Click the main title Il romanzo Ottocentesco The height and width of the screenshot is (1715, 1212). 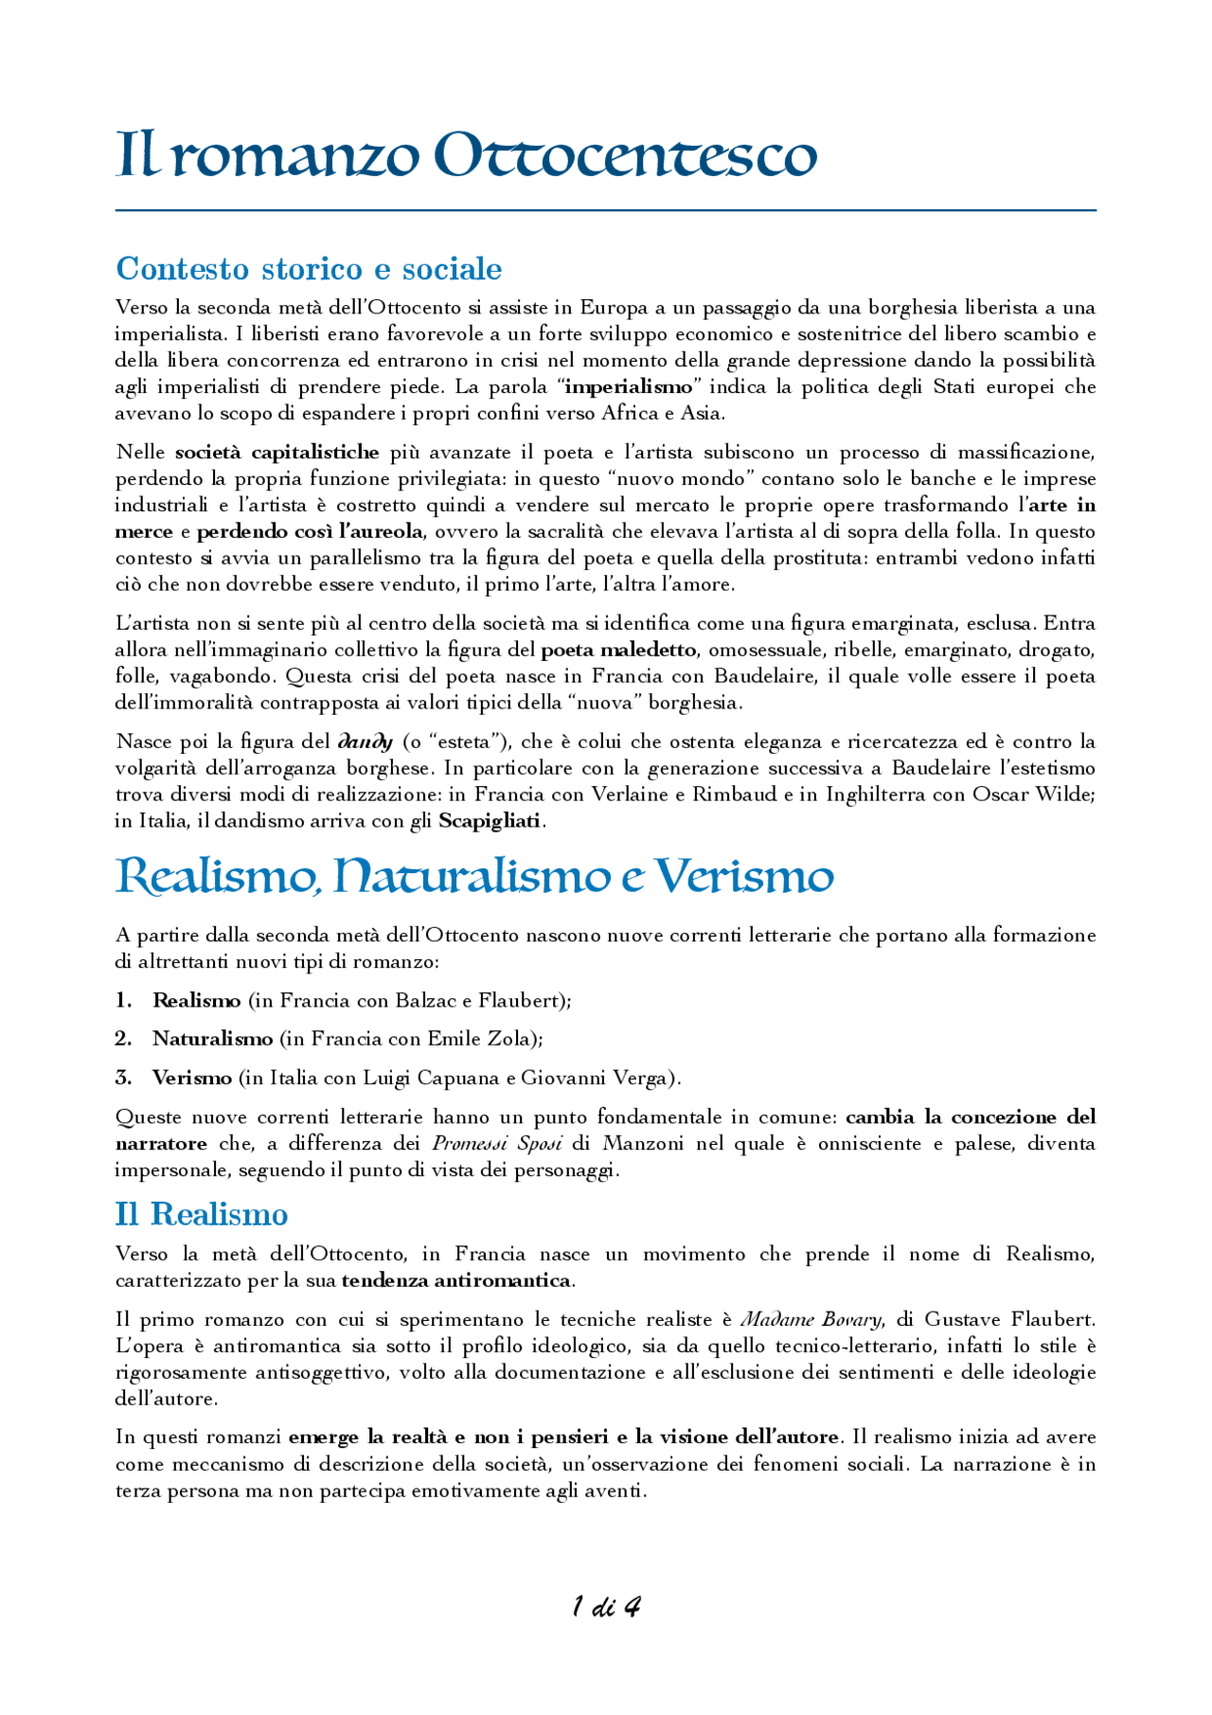(x=466, y=154)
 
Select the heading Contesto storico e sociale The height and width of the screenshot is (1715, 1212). (x=309, y=269)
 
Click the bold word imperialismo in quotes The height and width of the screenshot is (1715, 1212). (x=629, y=386)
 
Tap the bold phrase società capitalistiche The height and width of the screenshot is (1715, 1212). (x=276, y=452)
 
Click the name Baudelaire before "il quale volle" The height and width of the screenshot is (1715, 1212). (x=764, y=676)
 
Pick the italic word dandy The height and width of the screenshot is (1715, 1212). (x=365, y=741)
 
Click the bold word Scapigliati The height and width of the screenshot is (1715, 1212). (x=490, y=820)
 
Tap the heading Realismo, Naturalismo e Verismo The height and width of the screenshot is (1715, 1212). (x=473, y=876)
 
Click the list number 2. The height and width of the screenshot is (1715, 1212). (x=123, y=1039)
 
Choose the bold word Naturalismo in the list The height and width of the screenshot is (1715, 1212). (x=213, y=1039)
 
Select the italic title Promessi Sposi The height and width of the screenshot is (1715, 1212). (x=497, y=1143)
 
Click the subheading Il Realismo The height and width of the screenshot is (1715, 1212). (x=202, y=1214)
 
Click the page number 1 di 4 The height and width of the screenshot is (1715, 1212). (x=606, y=1606)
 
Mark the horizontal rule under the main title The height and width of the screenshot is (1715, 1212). (x=606, y=210)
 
